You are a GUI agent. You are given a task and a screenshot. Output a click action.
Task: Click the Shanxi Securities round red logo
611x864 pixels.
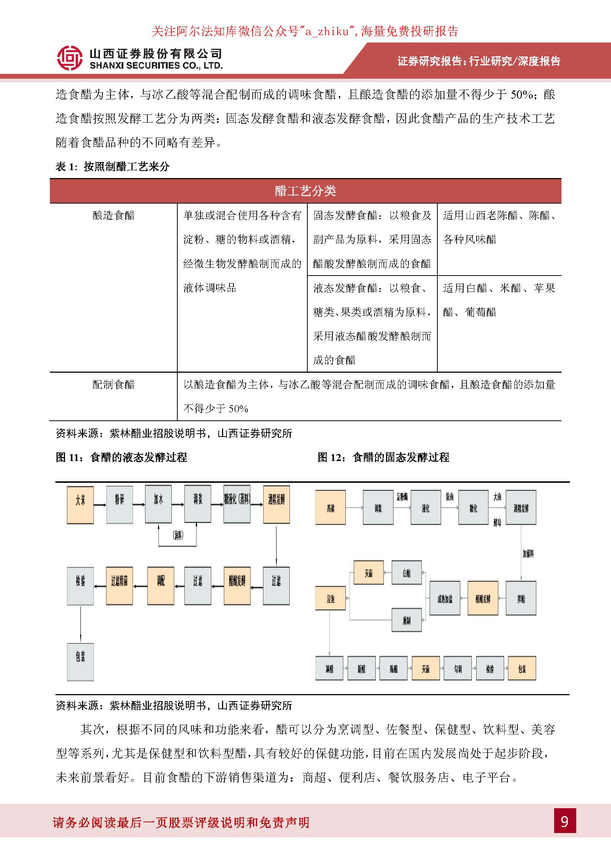[69, 58]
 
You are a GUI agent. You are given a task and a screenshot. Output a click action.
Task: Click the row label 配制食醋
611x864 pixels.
[113, 384]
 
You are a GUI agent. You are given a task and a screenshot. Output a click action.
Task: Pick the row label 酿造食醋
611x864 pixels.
[113, 215]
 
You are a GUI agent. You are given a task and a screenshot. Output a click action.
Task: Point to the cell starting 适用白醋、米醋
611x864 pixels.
[499, 300]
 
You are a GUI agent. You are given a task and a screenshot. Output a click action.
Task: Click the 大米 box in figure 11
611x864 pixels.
[80, 505]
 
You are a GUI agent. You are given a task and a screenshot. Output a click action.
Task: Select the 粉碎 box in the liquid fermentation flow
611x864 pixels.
[120, 505]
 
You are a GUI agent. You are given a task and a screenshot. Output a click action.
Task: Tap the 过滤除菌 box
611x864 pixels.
[119, 586]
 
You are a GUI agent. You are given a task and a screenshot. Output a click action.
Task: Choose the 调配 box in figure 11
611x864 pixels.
[161, 586]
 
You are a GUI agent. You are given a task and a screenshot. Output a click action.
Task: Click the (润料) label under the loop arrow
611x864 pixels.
[178, 536]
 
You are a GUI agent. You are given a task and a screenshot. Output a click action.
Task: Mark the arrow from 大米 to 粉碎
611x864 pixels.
[100, 505]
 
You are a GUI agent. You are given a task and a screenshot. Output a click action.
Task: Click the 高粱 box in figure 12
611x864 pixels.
[330, 507]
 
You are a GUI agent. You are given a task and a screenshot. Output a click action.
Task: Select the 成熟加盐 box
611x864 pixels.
[445, 598]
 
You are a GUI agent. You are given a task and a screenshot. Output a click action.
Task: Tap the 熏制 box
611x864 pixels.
[407, 620]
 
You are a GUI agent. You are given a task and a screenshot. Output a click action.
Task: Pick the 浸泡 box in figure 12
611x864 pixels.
[330, 598]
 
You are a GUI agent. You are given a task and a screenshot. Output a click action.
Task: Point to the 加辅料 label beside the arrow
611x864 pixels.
[528, 554]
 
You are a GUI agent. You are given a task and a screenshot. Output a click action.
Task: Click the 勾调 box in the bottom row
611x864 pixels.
[457, 668]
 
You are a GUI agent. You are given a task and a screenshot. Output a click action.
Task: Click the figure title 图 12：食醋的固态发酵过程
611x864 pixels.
[383, 457]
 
